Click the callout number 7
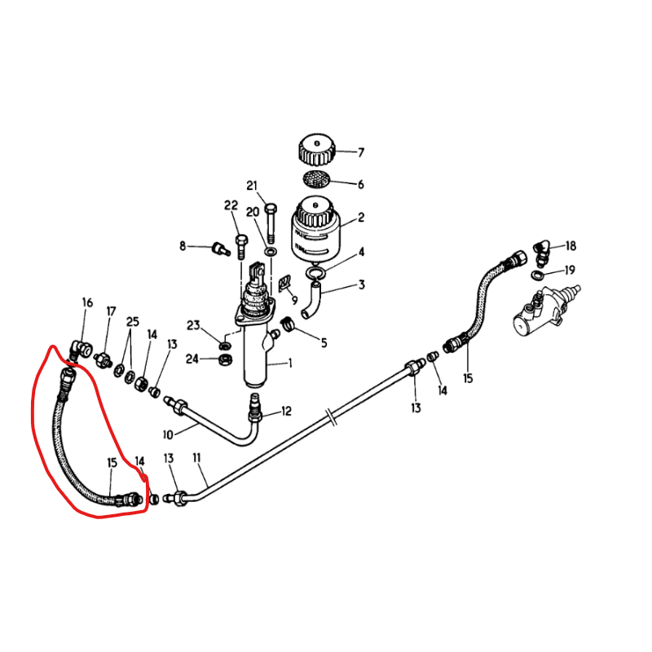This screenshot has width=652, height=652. click(x=361, y=152)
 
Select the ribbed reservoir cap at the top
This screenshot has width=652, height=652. click(x=317, y=149)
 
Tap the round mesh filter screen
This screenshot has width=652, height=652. click(x=316, y=178)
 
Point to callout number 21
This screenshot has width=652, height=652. click(x=253, y=186)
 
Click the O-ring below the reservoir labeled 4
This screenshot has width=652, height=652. click(x=315, y=273)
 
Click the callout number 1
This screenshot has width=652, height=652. click(x=290, y=363)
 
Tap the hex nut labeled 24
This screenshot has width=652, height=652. click(x=226, y=359)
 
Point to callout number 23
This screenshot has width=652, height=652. click(x=193, y=325)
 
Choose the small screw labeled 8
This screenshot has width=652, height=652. click(x=221, y=249)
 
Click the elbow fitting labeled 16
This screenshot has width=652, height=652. click(x=81, y=350)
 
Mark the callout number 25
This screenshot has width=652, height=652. click(x=133, y=321)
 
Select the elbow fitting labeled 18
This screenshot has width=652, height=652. click(x=541, y=253)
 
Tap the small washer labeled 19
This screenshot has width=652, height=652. click(x=538, y=275)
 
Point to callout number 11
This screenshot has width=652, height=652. click(x=196, y=458)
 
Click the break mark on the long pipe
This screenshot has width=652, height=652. click(x=333, y=417)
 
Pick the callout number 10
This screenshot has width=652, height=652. click(x=168, y=435)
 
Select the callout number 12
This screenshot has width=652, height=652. click(x=287, y=412)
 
